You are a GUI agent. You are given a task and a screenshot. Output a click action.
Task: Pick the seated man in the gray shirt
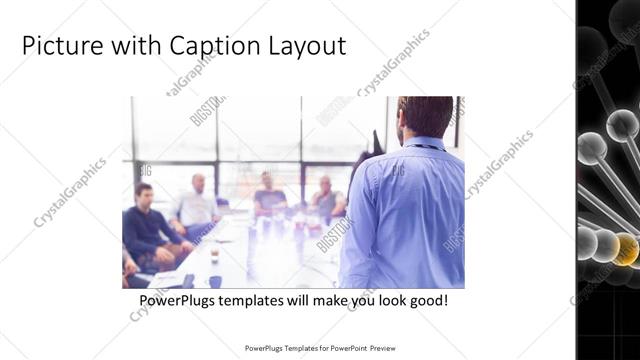(325, 198)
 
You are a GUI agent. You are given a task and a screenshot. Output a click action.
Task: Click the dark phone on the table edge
(187, 281)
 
